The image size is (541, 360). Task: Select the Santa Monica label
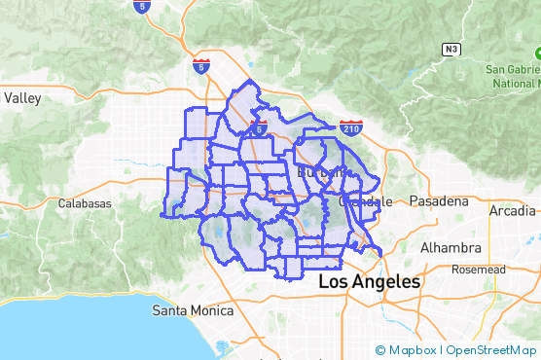(x=193, y=311)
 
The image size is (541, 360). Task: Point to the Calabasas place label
(x=85, y=203)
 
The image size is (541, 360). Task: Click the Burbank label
(x=321, y=172)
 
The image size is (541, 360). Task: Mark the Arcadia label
(x=512, y=210)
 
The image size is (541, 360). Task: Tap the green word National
(x=516, y=83)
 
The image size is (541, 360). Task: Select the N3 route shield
(x=450, y=48)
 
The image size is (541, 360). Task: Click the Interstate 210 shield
(x=351, y=127)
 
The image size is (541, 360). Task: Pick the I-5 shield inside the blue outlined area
(x=260, y=127)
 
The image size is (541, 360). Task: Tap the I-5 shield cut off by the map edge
(x=142, y=6)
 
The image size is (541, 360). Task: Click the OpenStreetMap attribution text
(x=489, y=350)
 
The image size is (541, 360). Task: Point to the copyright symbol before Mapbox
(x=380, y=350)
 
